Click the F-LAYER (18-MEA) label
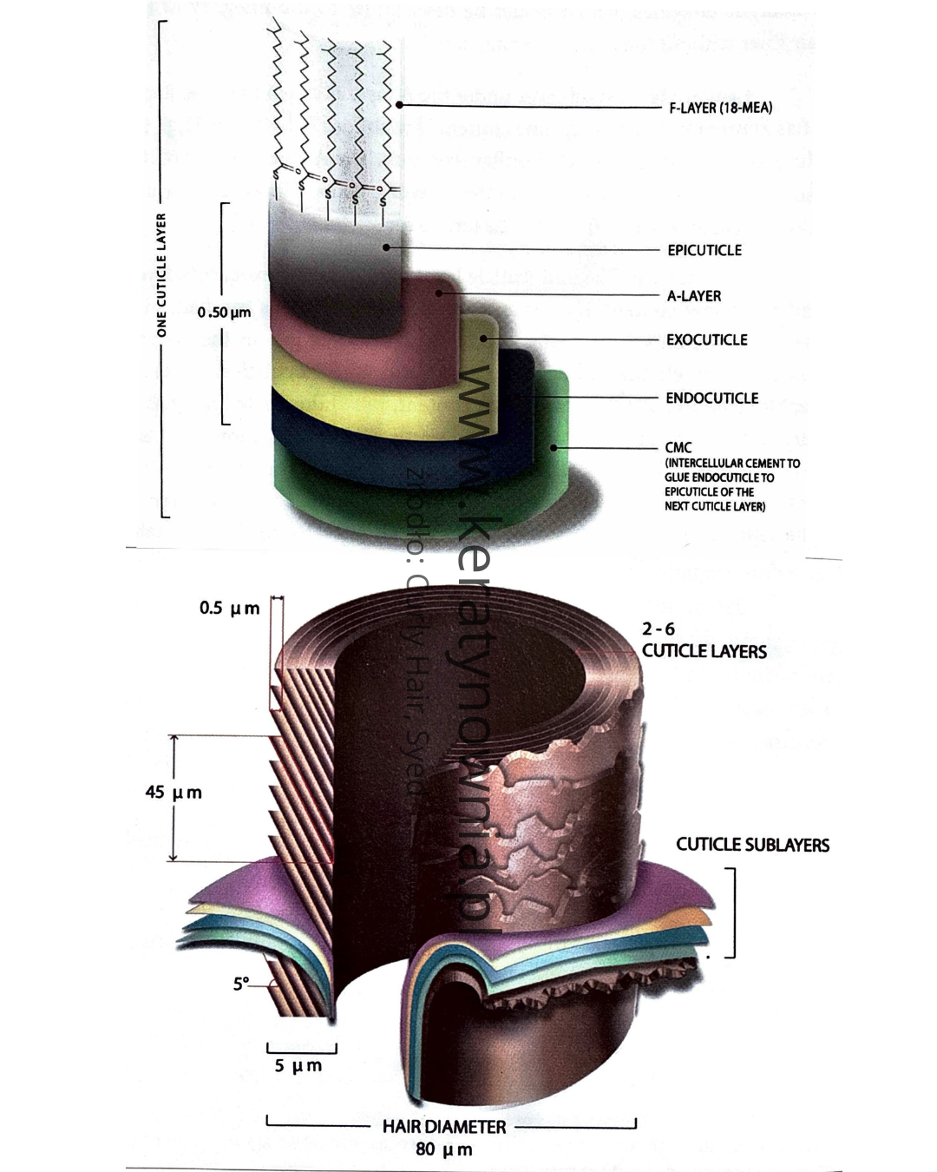tap(720, 108)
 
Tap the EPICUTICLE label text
tap(704, 250)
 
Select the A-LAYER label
tap(694, 296)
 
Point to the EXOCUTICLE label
tap(706, 339)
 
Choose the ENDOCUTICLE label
tap(711, 398)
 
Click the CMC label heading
tap(678, 448)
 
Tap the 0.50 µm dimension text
tap(224, 313)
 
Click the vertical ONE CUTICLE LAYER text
tap(161, 275)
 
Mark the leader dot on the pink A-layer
tap(439, 293)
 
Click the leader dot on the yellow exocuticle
tap(483, 338)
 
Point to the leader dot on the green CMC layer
tap(554, 448)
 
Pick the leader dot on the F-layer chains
tap(399, 105)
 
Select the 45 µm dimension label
tap(174, 793)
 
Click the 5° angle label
tap(241, 984)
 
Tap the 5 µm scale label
tap(298, 1065)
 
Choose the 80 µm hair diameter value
tap(444, 1150)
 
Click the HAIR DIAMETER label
tap(444, 1127)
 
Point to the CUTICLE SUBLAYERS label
tap(752, 845)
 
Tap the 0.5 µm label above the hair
tap(229, 609)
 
